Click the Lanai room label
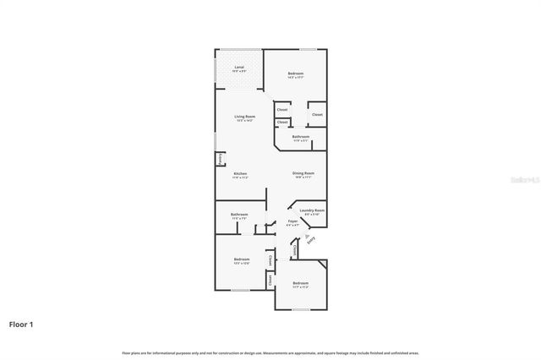tap(240, 67)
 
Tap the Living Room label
tap(244, 117)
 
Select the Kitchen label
tap(240, 174)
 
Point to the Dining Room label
tap(303, 173)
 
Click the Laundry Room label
tap(314, 210)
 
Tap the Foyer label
tap(292, 221)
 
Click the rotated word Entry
tap(312, 241)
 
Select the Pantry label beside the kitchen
tap(221, 158)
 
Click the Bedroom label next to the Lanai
tap(295, 74)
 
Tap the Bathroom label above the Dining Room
tap(301, 136)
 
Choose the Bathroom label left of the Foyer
tap(239, 215)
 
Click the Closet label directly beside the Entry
tap(294, 250)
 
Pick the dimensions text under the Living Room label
tap(244, 121)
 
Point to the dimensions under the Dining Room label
tap(303, 177)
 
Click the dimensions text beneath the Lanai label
tap(240, 71)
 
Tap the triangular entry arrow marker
tap(307, 236)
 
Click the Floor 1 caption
tap(21, 324)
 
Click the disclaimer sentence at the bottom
tap(270, 352)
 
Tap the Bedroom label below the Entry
tap(301, 283)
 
